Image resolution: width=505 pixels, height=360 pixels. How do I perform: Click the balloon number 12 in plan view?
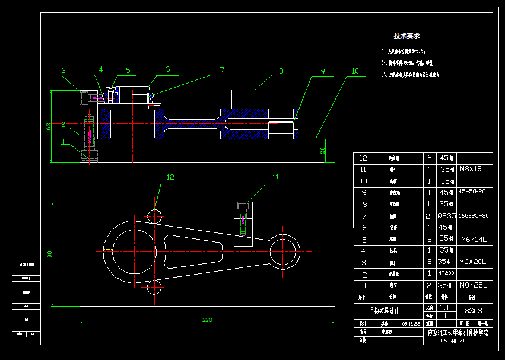(x=170, y=177)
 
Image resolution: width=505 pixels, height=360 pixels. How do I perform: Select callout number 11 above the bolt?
(x=275, y=176)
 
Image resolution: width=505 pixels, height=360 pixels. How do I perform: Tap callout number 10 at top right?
(x=355, y=71)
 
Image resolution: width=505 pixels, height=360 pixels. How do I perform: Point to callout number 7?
(x=222, y=70)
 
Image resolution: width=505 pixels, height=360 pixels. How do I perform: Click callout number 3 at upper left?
(x=63, y=70)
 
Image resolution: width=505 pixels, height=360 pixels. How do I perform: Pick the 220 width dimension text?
(x=207, y=320)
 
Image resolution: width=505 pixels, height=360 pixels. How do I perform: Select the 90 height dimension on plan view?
(x=50, y=254)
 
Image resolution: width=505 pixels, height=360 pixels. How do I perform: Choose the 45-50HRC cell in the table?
(x=472, y=192)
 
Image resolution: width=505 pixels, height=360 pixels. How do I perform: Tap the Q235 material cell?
(x=446, y=215)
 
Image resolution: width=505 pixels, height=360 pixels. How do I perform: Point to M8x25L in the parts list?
(x=472, y=285)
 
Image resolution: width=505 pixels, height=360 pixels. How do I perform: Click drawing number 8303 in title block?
(x=473, y=310)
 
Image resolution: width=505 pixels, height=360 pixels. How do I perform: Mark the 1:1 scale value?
(x=445, y=308)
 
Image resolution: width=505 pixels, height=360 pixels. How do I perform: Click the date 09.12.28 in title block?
(x=410, y=324)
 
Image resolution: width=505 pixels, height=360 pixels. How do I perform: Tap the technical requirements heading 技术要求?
(x=407, y=36)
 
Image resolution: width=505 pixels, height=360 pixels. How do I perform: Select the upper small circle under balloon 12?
(x=154, y=215)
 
